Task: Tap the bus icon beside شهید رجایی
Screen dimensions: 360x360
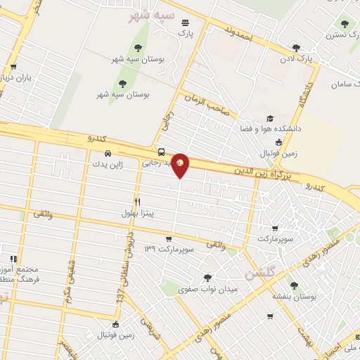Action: click(x=162, y=151)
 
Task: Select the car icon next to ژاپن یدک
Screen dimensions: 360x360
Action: click(x=107, y=153)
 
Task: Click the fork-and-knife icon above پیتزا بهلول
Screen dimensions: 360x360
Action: click(x=137, y=200)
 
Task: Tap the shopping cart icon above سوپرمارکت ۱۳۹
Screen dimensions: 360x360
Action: click(x=169, y=239)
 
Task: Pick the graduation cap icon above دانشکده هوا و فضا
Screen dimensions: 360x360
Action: click(x=269, y=119)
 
